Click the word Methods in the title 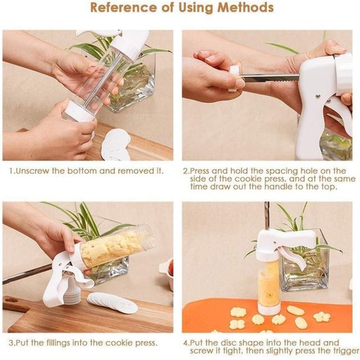245,7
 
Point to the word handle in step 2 279,186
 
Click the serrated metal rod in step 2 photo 270,78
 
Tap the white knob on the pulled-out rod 234,78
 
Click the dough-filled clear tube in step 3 116,247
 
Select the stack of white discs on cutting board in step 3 113,303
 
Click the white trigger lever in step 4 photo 294,257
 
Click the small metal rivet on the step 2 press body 317,96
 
